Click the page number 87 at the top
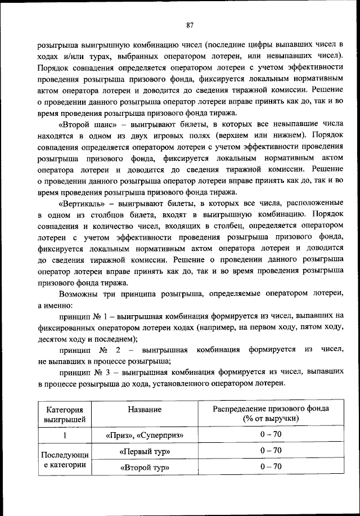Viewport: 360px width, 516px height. (190, 24)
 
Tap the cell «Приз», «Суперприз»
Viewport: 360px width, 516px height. (145, 436)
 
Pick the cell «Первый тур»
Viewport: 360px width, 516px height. (145, 452)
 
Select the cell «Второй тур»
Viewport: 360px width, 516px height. (145, 468)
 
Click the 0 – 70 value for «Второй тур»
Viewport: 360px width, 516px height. (271, 466)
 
